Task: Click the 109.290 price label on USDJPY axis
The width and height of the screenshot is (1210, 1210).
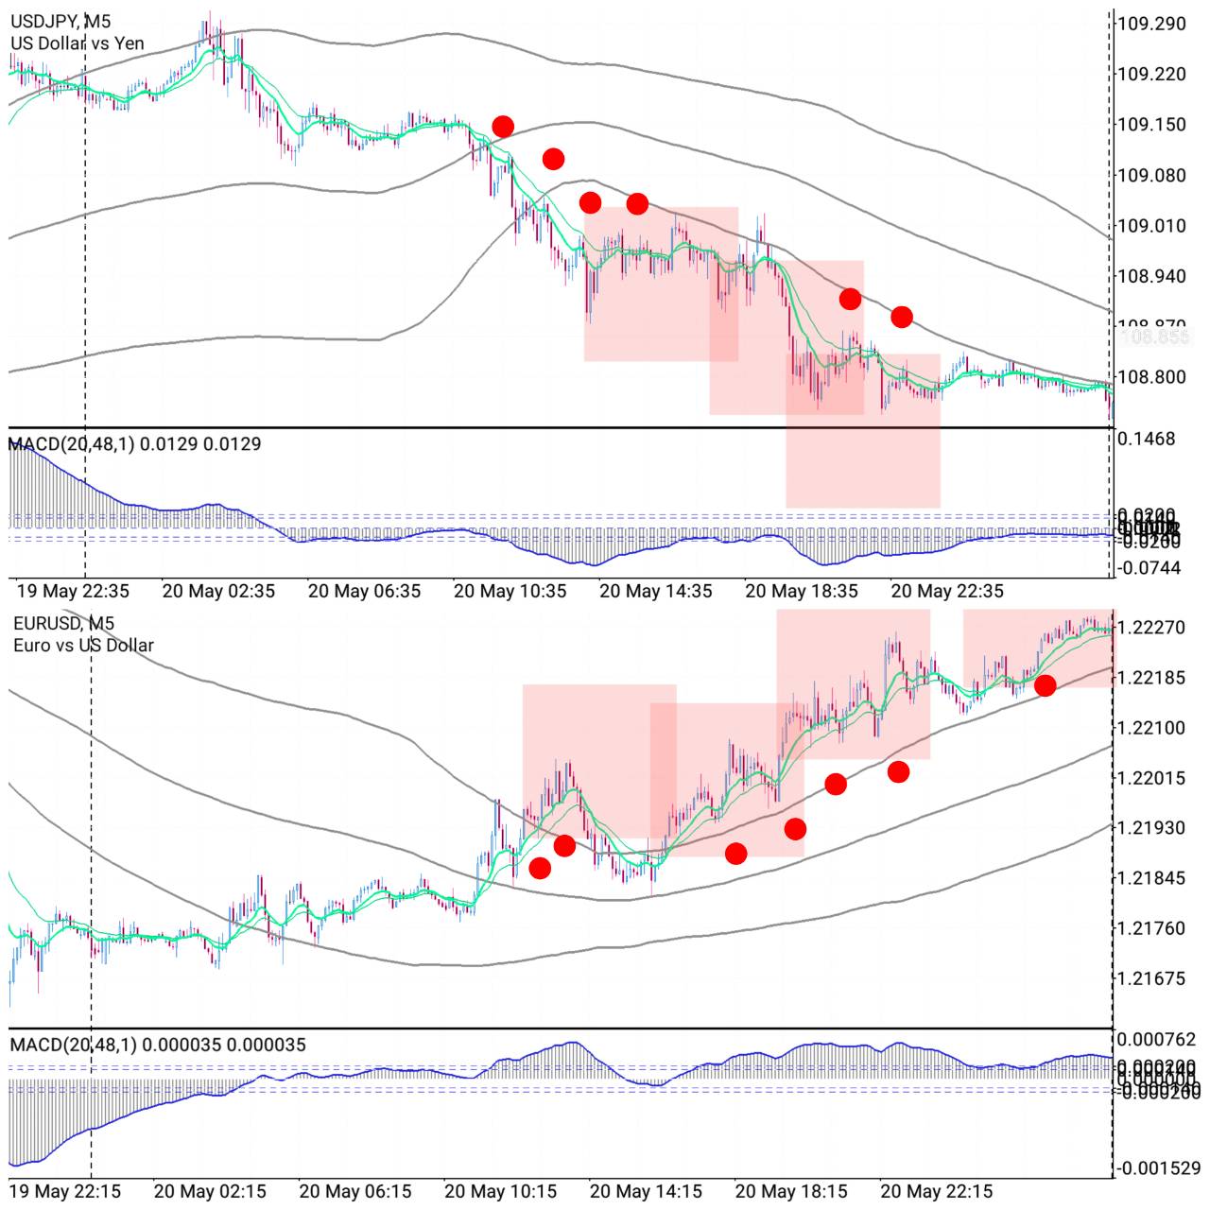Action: pos(1150,23)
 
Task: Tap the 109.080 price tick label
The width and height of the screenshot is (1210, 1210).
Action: pos(1150,175)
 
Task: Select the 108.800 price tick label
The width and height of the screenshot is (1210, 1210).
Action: pos(1150,377)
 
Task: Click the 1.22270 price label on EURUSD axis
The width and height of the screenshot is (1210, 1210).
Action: pos(1150,627)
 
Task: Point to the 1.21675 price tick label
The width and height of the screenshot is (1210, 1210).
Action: pos(1150,978)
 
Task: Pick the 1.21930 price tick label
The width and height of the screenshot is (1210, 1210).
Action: pos(1150,828)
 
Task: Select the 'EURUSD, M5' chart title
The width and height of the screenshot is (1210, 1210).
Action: pos(63,623)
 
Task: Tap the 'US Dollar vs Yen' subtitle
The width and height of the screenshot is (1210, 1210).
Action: pos(78,43)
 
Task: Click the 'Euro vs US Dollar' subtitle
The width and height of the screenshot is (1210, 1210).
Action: pos(83,646)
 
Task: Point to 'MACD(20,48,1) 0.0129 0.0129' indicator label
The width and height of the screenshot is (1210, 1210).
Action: pos(135,443)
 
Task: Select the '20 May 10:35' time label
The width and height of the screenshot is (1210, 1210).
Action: pos(510,592)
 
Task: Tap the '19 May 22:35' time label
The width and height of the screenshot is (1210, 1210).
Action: pos(73,592)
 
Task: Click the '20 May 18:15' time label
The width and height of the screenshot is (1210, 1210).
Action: pos(791,1191)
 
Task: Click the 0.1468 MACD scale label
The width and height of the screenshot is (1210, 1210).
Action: pos(1146,439)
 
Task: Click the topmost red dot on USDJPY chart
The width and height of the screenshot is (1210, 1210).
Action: pos(503,126)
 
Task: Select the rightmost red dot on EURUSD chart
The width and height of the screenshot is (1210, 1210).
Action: pos(1045,685)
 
